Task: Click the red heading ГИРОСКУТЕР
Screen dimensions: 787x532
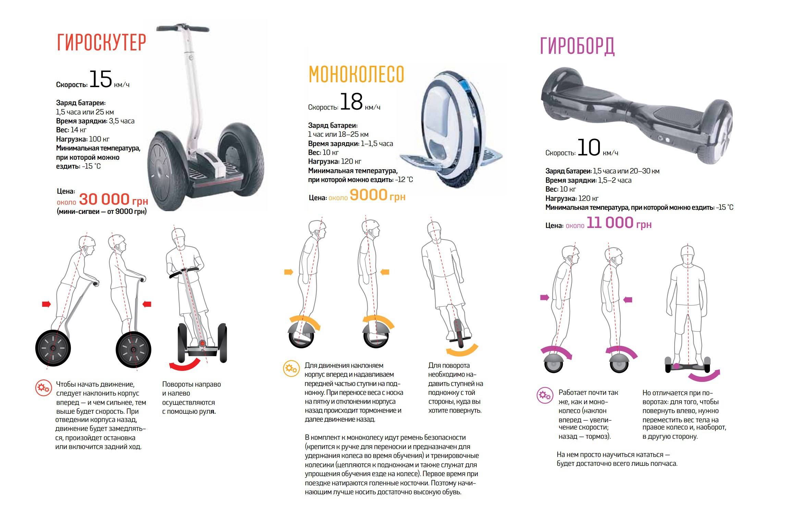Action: click(101, 43)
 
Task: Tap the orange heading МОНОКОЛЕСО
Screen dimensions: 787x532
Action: click(356, 74)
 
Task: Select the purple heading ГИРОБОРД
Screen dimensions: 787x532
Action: click(577, 46)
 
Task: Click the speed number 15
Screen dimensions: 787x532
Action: click(101, 79)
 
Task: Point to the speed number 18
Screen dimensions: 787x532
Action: click(351, 101)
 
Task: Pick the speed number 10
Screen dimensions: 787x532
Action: click(589, 147)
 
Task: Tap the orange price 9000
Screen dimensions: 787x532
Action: click(368, 195)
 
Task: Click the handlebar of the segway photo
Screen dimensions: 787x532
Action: click(183, 29)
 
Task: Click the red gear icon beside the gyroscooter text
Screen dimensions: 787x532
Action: click(44, 388)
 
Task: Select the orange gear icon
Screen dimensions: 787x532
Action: click(291, 369)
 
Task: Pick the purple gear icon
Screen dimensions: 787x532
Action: click(545, 396)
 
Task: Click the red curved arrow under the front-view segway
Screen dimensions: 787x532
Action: click(185, 364)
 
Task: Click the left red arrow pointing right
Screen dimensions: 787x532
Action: click(46, 304)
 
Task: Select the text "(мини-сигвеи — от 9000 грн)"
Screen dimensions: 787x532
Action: click(102, 211)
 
